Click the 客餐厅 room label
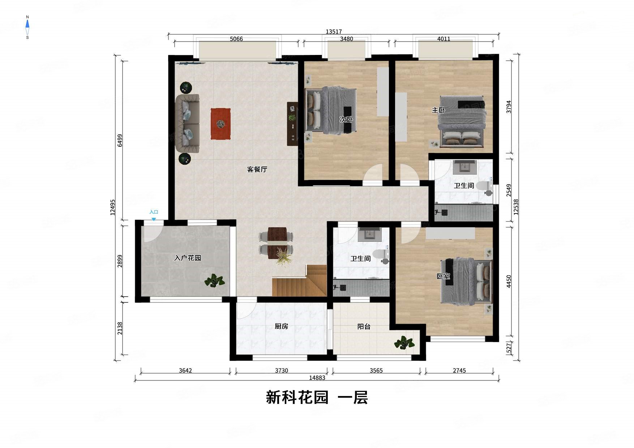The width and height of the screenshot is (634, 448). [x=257, y=169]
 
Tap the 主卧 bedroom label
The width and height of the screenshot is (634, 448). [x=438, y=110]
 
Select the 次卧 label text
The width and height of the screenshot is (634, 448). [x=346, y=119]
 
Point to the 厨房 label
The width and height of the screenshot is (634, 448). [x=281, y=326]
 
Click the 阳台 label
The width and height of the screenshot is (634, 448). [x=364, y=326]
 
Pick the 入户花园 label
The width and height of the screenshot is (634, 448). [x=187, y=258]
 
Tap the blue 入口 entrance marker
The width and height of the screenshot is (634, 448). [x=154, y=214]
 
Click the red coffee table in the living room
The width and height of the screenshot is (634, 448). [x=221, y=124]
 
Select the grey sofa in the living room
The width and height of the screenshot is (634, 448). [x=187, y=123]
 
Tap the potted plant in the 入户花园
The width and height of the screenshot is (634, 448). [x=214, y=280]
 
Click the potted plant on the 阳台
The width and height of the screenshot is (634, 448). [x=404, y=343]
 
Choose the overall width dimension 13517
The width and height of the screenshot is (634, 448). [x=333, y=32]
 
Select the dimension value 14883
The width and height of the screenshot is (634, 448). [x=317, y=378]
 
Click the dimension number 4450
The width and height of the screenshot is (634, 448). [x=509, y=281]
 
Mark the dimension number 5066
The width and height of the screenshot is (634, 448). [x=236, y=39]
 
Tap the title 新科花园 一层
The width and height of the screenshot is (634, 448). [x=317, y=397]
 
